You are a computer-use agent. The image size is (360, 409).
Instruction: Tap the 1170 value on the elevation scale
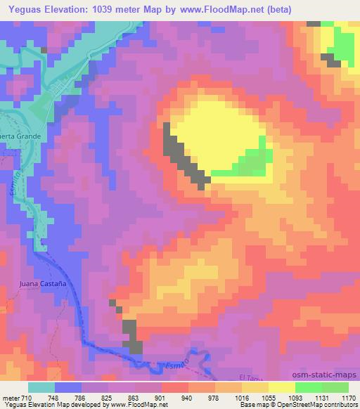[348, 397]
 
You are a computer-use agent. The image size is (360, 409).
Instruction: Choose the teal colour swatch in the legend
[41, 387]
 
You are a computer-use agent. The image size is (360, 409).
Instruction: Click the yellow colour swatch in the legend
[281, 387]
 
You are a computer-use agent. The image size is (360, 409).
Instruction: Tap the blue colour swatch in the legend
[68, 387]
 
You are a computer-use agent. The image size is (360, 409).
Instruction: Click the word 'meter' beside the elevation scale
[10, 397]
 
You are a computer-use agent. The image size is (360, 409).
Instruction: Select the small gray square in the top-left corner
[44, 50]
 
